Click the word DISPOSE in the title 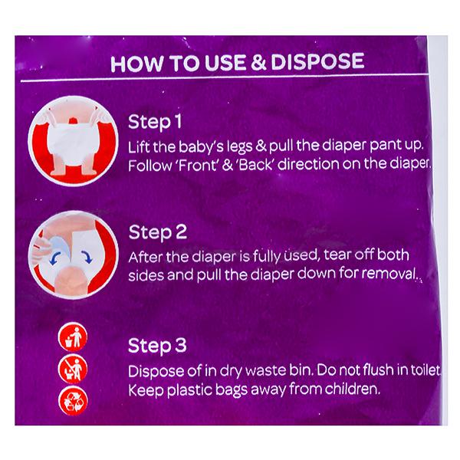click(x=317, y=62)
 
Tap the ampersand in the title click(x=258, y=63)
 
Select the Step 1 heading click(x=155, y=122)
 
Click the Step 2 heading click(x=158, y=232)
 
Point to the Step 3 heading click(x=157, y=345)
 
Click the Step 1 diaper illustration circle click(x=74, y=141)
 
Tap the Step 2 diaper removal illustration click(x=74, y=255)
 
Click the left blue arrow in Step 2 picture click(x=56, y=258)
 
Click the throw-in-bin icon click(x=73, y=337)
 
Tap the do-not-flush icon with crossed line click(x=73, y=369)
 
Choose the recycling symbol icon click(x=73, y=401)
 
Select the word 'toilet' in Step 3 click(x=426, y=370)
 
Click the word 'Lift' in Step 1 click(x=139, y=146)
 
